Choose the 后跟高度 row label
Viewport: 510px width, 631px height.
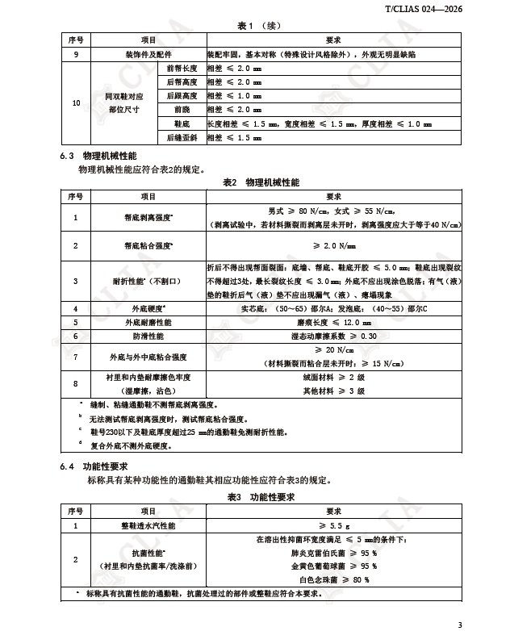point(182,96)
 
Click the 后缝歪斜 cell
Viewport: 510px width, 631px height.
point(182,138)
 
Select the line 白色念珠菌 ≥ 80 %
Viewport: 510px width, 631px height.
point(334,579)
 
